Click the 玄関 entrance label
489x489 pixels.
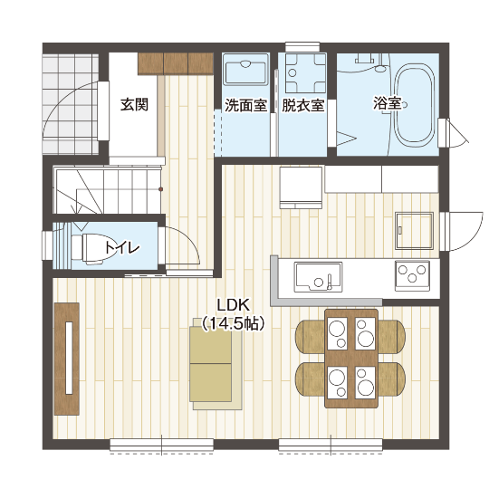pyautogui.click(x=134, y=105)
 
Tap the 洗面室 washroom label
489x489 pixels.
pyautogui.click(x=246, y=105)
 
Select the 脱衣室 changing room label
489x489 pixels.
pyautogui.click(x=302, y=105)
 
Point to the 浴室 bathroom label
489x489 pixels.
pyautogui.click(x=387, y=103)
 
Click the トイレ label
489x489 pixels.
pyautogui.click(x=122, y=247)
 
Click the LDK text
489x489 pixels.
pyautogui.click(x=234, y=305)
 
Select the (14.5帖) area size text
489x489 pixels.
pyautogui.click(x=234, y=324)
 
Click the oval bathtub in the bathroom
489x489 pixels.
pyautogui.click(x=415, y=106)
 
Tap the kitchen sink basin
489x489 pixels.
pyautogui.click(x=318, y=277)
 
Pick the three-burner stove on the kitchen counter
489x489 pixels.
pyautogui.click(x=412, y=275)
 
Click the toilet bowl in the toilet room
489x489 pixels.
pyautogui.click(x=91, y=247)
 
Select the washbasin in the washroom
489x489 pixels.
pyautogui.click(x=245, y=69)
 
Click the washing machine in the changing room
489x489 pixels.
pyautogui.click(x=306, y=73)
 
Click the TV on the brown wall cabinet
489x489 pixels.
pyautogui.click(x=69, y=358)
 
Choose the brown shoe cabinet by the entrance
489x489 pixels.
pyautogui.click(x=176, y=63)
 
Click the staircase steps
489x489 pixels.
pyautogui.click(x=109, y=190)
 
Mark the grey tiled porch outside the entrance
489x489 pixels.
pyautogui.click(x=71, y=104)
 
